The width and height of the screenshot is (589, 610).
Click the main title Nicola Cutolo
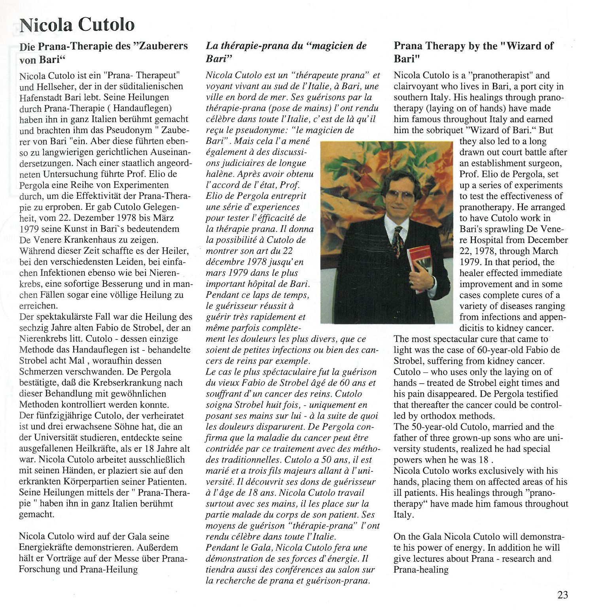(x=77, y=24)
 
